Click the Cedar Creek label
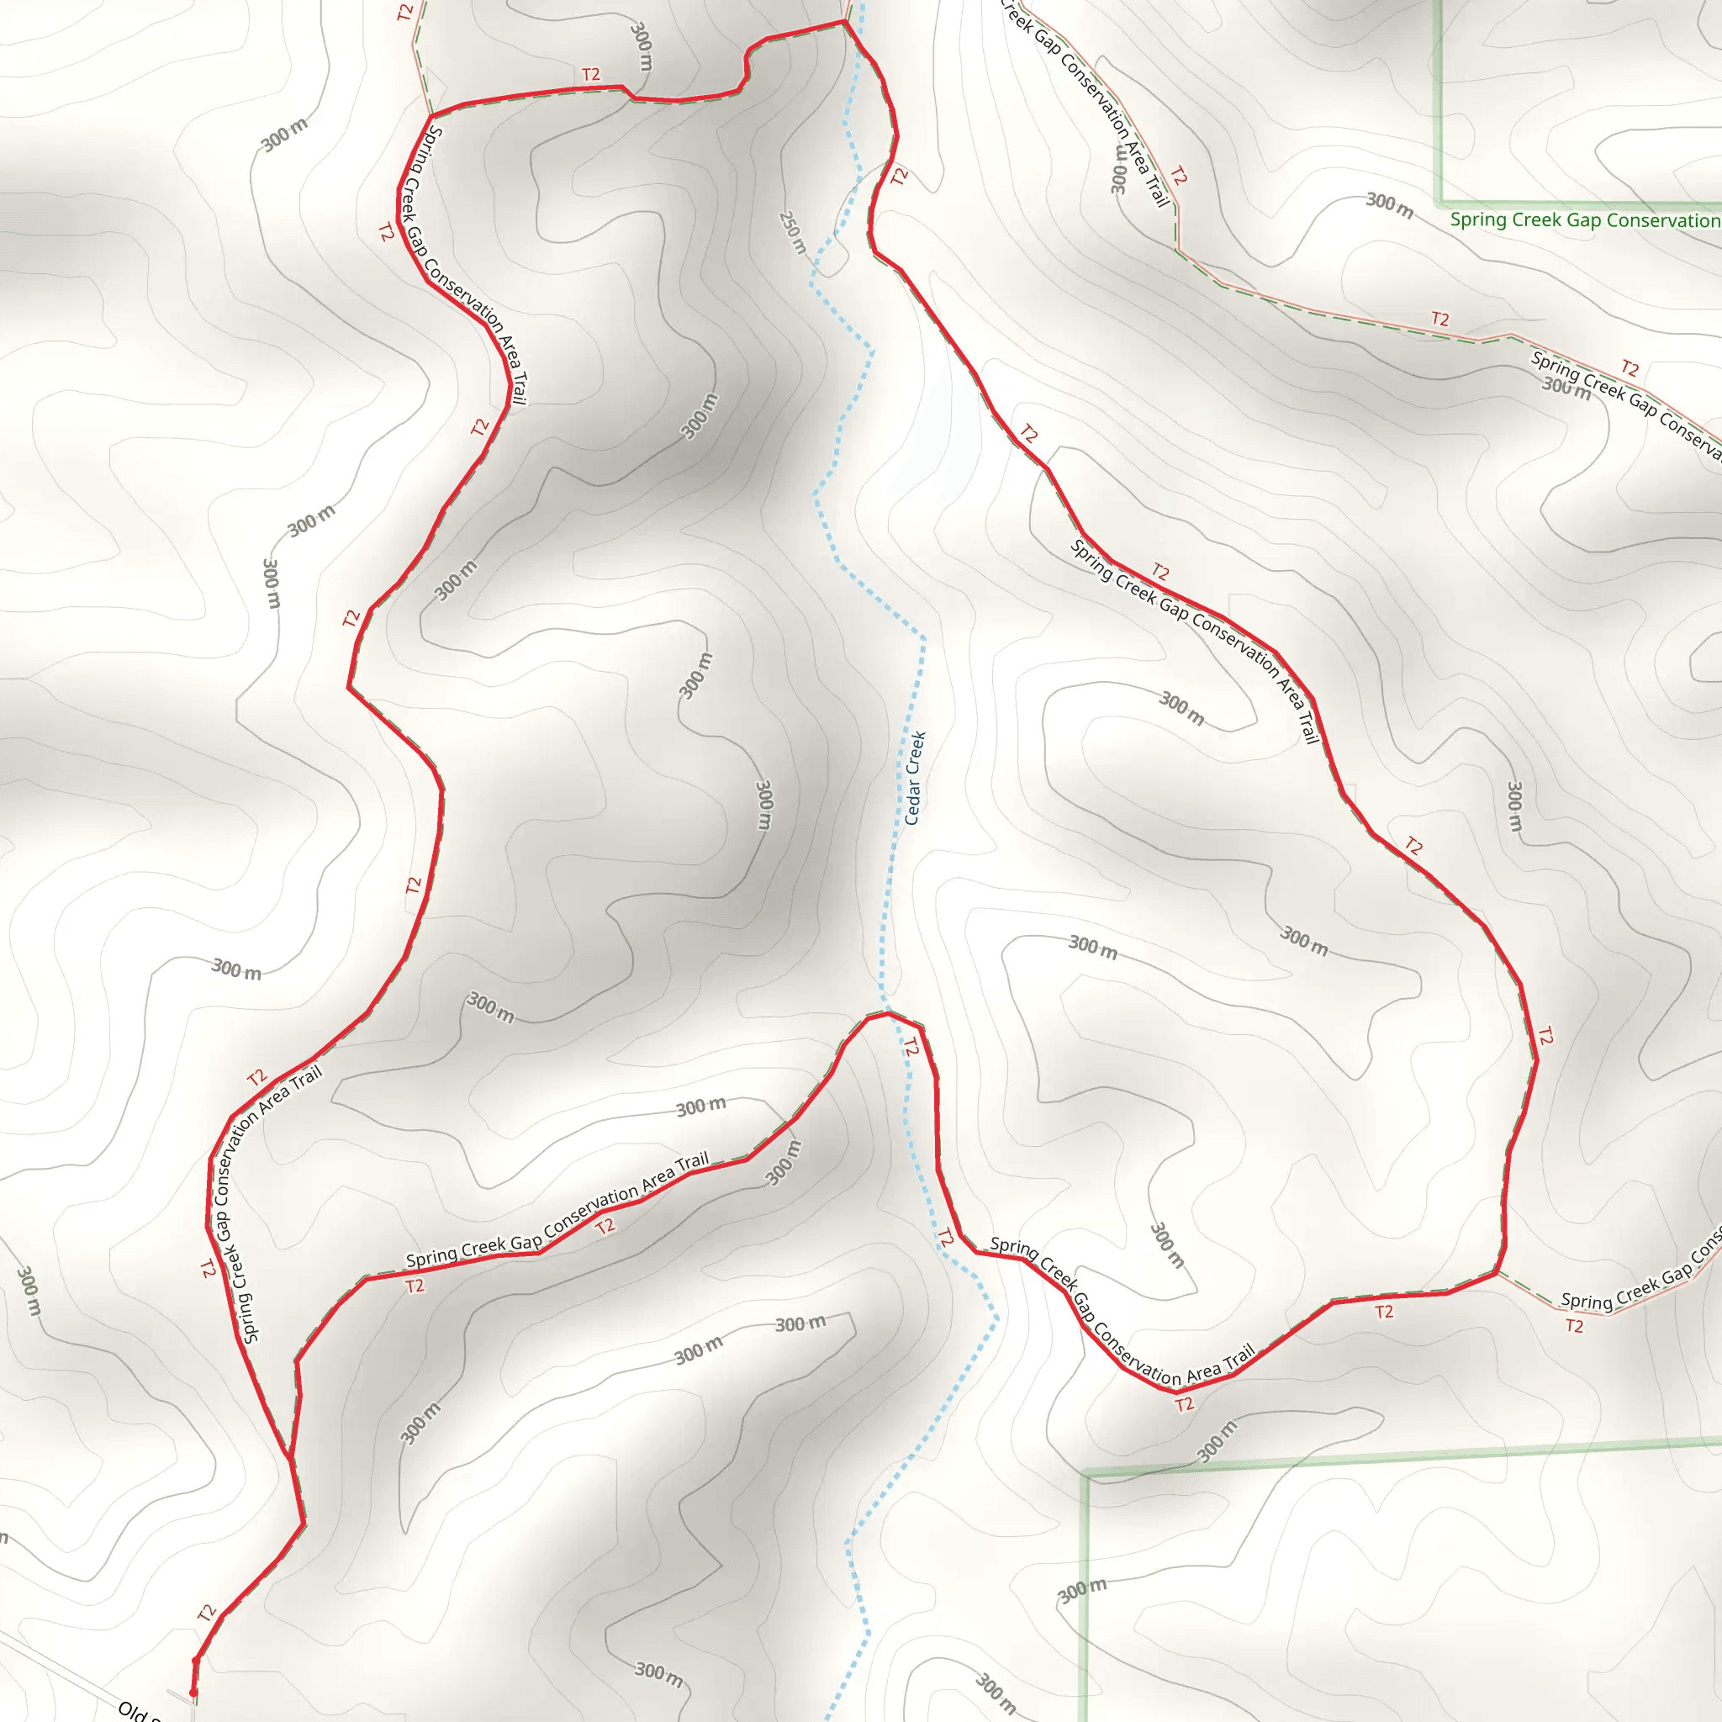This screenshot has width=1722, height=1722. click(x=916, y=777)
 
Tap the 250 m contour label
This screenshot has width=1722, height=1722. click(x=792, y=232)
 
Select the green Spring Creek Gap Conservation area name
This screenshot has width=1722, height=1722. click(x=1584, y=220)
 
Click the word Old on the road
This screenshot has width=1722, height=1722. click(x=134, y=1709)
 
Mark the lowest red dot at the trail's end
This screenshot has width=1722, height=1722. click(x=193, y=1693)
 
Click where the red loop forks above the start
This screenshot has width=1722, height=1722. click(x=291, y=1457)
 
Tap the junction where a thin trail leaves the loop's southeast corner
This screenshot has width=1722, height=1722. click(x=1497, y=1273)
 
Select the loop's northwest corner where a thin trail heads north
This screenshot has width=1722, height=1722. click(x=431, y=116)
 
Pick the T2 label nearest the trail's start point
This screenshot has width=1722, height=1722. click(x=207, y=1613)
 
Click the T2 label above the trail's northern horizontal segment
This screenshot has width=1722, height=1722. click(x=591, y=75)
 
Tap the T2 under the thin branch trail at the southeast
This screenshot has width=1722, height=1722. click(x=1575, y=1326)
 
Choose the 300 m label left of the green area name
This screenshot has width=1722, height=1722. click(x=1390, y=205)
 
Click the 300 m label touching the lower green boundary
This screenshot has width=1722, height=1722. click(x=1217, y=1442)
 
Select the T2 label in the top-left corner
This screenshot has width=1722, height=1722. click(x=405, y=13)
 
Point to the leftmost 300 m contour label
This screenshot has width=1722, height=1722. click(x=29, y=1291)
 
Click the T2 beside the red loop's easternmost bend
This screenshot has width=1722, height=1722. click(x=1545, y=1037)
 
